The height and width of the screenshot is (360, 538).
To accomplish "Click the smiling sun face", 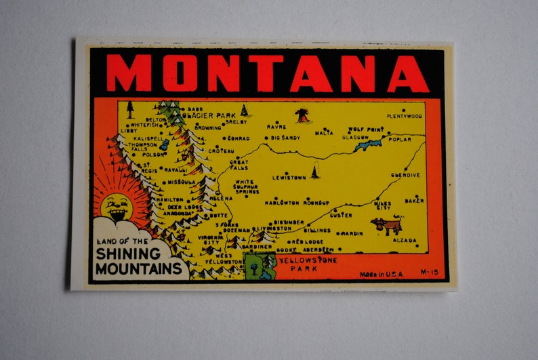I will point(117,206).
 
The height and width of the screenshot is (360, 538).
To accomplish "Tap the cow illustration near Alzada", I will point(387,225).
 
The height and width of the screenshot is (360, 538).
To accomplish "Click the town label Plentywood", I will point(405,116).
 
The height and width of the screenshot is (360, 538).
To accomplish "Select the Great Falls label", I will point(239,165).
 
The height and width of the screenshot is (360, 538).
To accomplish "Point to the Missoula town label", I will point(182,182).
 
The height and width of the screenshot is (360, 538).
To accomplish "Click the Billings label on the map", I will point(317,230).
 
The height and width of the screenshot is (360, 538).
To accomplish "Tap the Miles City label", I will point(382,204).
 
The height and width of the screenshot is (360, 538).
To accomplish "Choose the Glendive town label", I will point(405,175).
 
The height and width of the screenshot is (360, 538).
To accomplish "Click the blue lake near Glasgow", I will point(368,145).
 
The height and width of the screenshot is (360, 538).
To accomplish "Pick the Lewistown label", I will point(289,178).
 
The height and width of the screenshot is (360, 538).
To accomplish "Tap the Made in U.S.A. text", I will point(381,274).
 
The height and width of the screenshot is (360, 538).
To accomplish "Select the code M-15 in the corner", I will point(429,273).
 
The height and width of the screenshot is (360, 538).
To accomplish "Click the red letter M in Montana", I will point(129,73).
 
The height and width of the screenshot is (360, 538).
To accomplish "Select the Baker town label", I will point(414,201).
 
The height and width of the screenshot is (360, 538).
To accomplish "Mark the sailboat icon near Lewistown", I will point(314,172).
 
